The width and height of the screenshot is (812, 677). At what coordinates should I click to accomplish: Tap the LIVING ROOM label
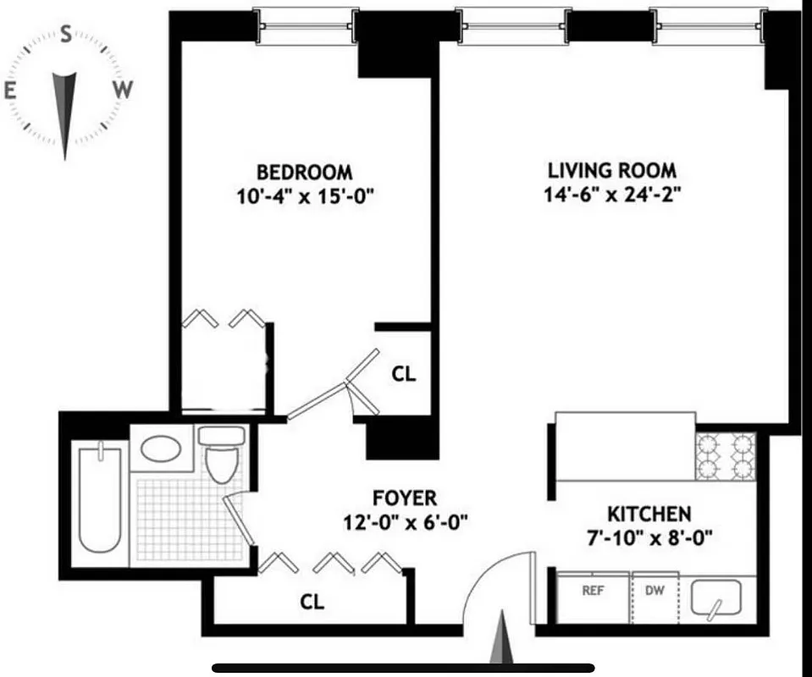coord(612,170)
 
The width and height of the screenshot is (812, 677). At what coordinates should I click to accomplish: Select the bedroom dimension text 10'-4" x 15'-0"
coord(305,196)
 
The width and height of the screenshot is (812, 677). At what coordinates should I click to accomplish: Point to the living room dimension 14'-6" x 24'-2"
coord(612,195)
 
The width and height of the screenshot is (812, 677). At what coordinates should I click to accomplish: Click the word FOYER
coord(405,498)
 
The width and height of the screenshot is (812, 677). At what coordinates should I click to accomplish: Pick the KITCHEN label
coord(649,513)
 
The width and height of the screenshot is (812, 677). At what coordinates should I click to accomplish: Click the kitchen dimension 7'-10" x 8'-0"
coord(649,537)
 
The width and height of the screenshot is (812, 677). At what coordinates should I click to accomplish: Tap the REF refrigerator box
coord(593,597)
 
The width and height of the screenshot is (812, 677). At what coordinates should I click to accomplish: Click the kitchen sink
coord(715,599)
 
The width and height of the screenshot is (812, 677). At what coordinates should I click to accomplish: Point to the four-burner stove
coord(725,456)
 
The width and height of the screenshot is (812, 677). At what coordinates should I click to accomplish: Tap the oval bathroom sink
coord(160,448)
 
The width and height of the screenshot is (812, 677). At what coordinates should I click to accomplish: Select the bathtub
coord(98,498)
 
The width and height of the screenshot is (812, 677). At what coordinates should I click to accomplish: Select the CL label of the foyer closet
coord(312,602)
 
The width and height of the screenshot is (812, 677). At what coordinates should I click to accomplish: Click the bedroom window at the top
coord(306,25)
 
